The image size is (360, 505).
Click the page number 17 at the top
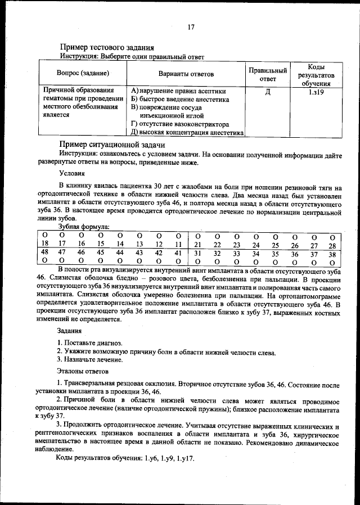[191, 27]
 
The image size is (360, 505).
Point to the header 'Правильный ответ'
[268, 74]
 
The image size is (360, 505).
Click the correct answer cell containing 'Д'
[268, 91]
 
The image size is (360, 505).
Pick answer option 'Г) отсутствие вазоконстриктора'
[179, 124]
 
